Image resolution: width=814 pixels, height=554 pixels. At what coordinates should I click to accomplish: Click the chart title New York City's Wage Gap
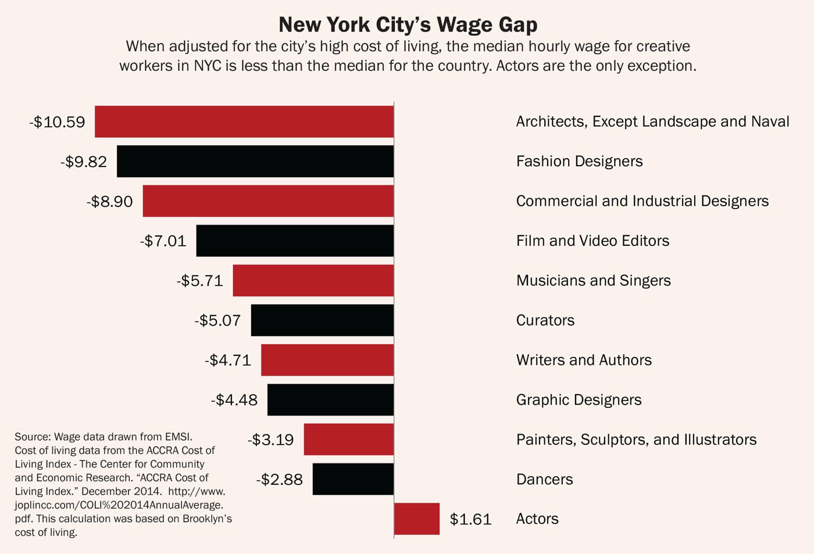408,24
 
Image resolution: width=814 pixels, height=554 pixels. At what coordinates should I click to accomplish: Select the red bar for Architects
244,121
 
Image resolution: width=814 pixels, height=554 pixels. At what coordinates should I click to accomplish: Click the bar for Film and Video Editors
295,241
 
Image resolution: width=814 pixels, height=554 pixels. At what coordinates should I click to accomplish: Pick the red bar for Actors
417,519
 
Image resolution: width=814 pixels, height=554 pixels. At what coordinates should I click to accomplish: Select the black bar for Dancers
353,479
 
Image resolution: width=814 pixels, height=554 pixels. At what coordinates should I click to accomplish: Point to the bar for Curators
322,320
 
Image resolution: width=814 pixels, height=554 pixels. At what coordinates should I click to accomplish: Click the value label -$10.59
57,122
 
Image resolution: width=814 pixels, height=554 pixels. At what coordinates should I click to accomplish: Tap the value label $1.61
470,519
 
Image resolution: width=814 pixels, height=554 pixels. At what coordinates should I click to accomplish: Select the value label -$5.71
199,281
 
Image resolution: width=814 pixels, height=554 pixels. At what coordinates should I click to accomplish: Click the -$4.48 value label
234,400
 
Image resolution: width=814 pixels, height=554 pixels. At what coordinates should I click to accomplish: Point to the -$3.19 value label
270,439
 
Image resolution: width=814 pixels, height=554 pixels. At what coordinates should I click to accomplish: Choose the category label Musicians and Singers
593,281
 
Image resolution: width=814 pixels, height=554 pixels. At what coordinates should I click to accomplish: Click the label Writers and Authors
584,360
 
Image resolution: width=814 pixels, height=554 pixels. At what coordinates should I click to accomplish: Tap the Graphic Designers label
579,400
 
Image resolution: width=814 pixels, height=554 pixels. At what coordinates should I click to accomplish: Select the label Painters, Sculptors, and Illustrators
636,439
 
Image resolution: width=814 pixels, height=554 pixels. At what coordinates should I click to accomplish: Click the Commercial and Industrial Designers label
642,201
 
